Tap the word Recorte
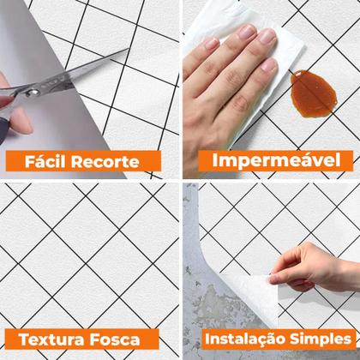[105, 162]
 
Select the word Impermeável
[276, 160]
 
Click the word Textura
[51, 339]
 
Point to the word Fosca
[115, 339]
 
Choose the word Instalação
[245, 339]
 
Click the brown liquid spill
[313, 93]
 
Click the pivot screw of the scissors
[32, 92]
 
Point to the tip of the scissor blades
[129, 49]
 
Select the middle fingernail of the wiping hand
[267, 36]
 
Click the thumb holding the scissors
[20, 121]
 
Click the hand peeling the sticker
[310, 267]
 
